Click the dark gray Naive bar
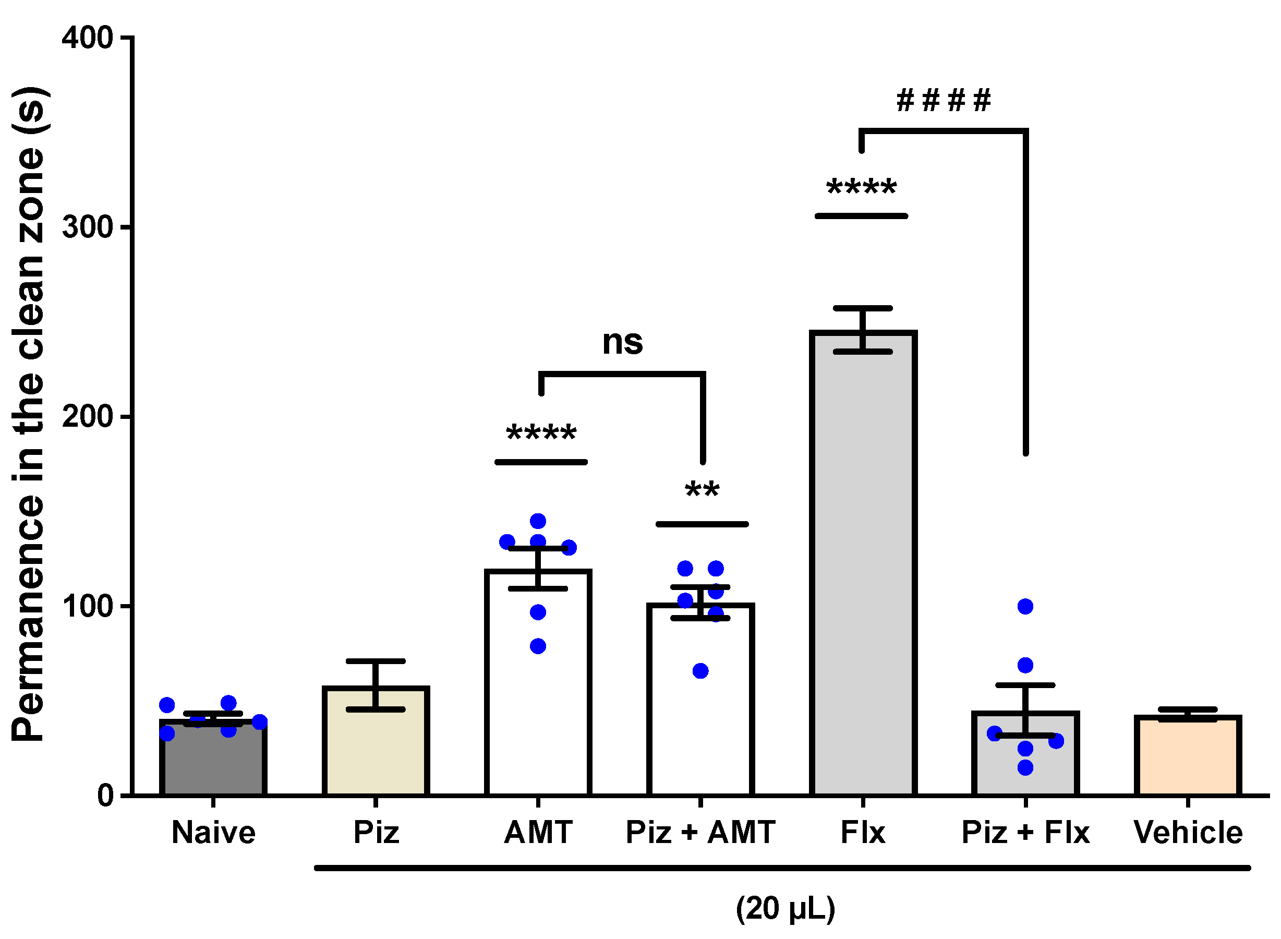pyautogui.click(x=213, y=762)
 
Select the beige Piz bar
pyautogui.click(x=376, y=744)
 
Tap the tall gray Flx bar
pyautogui.click(x=863, y=569)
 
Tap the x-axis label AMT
pyautogui.click(x=538, y=833)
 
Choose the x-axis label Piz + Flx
pyautogui.click(x=1025, y=833)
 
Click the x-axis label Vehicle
pyautogui.click(x=1188, y=833)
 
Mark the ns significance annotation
pyautogui.click(x=622, y=343)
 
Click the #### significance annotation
pyautogui.click(x=944, y=101)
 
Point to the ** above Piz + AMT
pyautogui.click(x=702, y=490)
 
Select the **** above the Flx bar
pyautogui.click(x=862, y=188)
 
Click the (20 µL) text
pyautogui.click(x=785, y=908)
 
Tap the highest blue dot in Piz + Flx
pyautogui.click(x=1025, y=607)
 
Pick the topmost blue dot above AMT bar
pyautogui.click(x=538, y=521)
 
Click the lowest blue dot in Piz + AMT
pyautogui.click(x=700, y=671)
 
